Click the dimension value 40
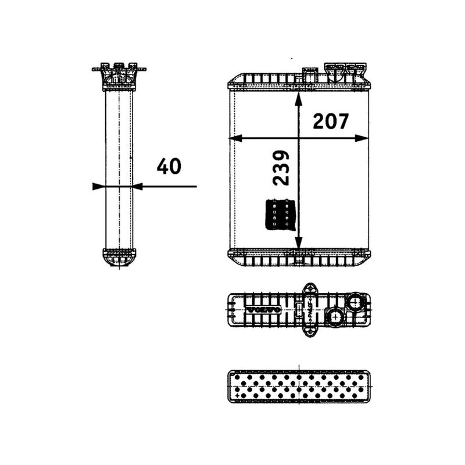[x=169, y=167]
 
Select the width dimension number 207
[x=331, y=121]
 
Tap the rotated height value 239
[x=280, y=167]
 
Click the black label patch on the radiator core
[x=282, y=214]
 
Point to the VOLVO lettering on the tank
[x=264, y=310]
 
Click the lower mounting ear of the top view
[x=309, y=331]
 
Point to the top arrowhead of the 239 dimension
[x=298, y=97]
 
